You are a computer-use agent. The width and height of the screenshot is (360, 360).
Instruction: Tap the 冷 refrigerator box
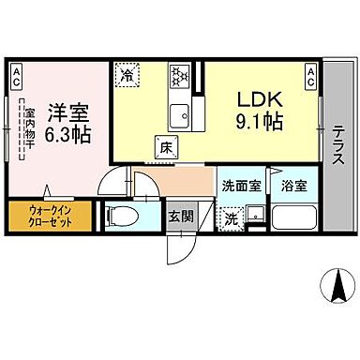pos(125,71)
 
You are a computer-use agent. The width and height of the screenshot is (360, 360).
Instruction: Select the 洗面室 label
pos(240,185)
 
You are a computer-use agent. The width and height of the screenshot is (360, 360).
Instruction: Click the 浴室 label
pos(292,185)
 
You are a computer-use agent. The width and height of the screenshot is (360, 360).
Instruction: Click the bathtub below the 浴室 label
pos(294,217)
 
